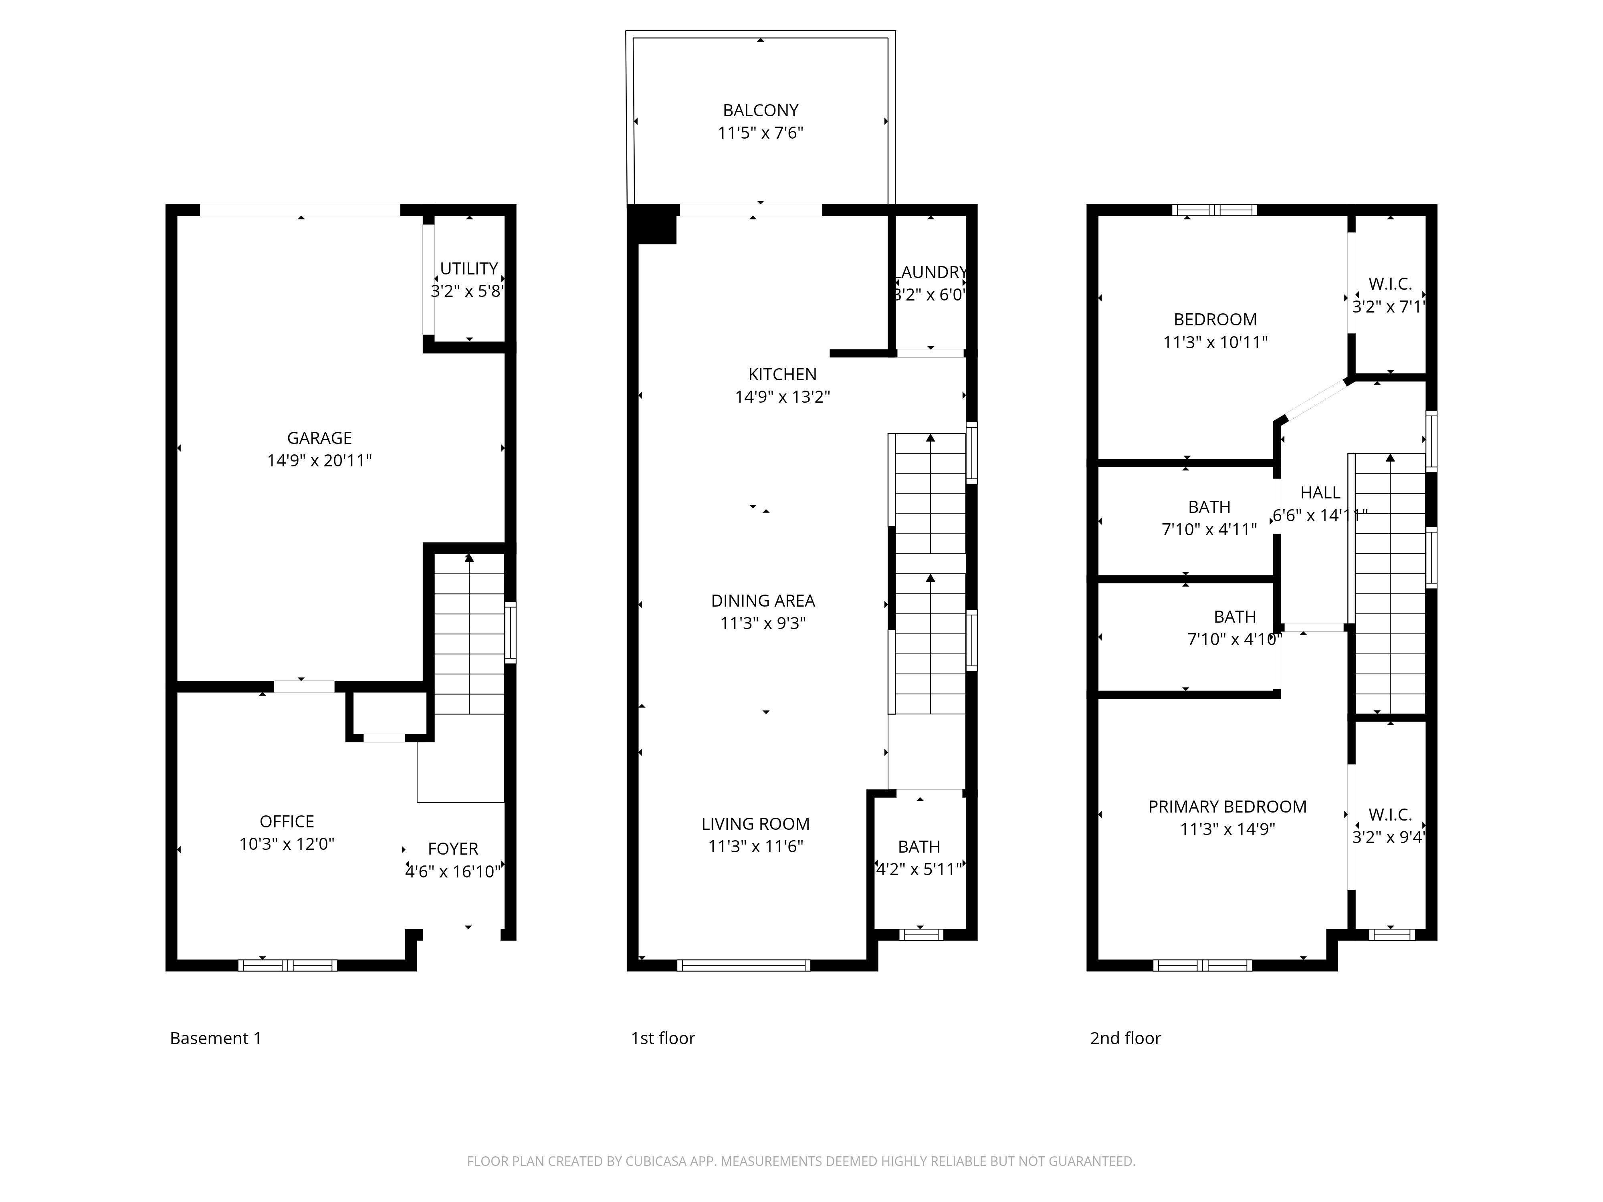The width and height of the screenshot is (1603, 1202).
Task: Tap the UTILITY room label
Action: coord(469,269)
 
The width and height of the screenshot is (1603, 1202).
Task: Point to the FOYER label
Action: coord(453,849)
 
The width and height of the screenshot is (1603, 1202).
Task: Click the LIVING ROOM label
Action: coord(755,824)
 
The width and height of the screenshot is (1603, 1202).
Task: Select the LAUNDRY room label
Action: coord(931,272)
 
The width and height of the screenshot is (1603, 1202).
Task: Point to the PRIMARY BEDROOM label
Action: coord(1227,807)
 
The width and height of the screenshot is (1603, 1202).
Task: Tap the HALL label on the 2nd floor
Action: coord(1320,493)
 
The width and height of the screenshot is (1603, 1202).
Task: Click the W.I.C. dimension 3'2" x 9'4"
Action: coord(1389,837)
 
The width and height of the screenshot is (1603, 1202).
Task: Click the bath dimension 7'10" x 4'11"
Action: coord(1209,530)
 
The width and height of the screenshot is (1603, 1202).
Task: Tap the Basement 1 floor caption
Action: coord(215,1038)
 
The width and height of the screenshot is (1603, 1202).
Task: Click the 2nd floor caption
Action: coord(1125,1038)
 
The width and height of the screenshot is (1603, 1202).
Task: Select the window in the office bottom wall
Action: coord(288,965)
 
